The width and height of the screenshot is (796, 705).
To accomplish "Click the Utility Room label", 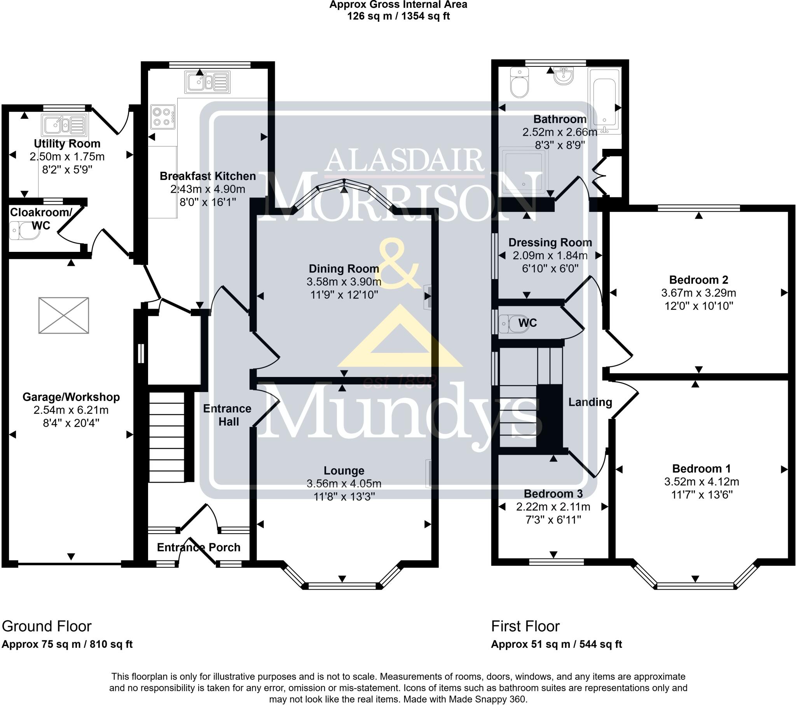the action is [x=67, y=144].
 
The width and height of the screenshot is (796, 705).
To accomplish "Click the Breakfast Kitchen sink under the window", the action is [x=207, y=82].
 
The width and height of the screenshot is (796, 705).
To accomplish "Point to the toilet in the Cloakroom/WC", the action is [x=24, y=230].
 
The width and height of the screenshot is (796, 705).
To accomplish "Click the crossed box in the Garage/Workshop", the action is [x=64, y=315].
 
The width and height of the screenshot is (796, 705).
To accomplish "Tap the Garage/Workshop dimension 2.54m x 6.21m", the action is [x=71, y=410].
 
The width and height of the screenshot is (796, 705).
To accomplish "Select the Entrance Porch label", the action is [x=199, y=547].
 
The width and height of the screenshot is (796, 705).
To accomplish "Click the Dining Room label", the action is [x=344, y=269].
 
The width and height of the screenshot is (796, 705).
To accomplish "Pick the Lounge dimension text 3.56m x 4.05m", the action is [x=344, y=484].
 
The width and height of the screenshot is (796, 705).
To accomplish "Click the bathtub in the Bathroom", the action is [x=604, y=101].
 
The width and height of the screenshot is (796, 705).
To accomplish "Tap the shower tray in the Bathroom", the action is [x=524, y=172].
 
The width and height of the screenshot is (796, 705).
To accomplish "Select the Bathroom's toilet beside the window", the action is [x=519, y=82].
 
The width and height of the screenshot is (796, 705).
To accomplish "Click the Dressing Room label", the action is [x=550, y=243].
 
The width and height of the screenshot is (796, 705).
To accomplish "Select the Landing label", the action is [x=590, y=402].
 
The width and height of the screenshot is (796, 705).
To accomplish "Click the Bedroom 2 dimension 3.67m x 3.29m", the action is [x=699, y=293].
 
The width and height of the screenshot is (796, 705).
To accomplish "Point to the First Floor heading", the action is [x=525, y=626].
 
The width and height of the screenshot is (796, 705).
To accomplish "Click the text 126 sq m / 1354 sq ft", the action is [x=398, y=16].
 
